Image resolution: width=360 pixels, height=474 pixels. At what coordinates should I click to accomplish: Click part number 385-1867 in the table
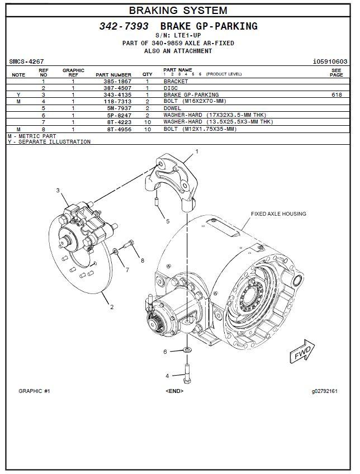117,82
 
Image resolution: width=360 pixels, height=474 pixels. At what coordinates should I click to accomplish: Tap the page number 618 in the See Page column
336,95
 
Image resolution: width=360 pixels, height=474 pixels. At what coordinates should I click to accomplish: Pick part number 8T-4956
117,129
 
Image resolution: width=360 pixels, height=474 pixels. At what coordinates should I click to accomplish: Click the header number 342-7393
124,26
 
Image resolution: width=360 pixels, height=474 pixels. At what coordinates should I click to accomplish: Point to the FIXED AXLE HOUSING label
278,214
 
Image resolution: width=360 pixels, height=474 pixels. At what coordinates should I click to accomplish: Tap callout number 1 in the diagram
196,151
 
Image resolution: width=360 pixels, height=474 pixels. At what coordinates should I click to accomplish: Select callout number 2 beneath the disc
112,307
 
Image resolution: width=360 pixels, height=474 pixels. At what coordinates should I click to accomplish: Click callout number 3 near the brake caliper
58,191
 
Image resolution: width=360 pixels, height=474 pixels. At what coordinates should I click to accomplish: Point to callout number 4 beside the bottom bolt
167,376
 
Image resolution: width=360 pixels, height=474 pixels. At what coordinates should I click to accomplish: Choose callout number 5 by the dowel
167,221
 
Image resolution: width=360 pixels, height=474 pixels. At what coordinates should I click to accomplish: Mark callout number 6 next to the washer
165,352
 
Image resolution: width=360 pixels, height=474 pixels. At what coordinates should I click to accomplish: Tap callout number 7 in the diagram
127,271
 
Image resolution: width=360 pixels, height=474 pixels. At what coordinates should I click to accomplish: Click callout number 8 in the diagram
143,260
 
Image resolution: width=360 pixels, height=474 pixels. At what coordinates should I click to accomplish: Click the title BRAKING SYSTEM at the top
178,10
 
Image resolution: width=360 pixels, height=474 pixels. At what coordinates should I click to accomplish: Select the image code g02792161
325,391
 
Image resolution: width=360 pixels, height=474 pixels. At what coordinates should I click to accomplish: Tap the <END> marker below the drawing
174,391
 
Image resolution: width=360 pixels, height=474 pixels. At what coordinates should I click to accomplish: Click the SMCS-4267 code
26,61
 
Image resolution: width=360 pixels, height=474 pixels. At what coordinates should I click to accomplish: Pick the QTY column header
147,74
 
